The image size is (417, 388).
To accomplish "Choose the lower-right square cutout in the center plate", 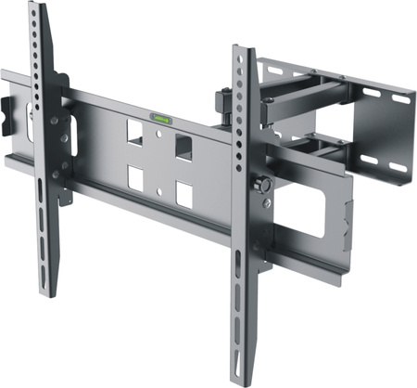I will point(183,194).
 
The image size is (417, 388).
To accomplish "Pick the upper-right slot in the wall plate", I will point(376,94).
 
